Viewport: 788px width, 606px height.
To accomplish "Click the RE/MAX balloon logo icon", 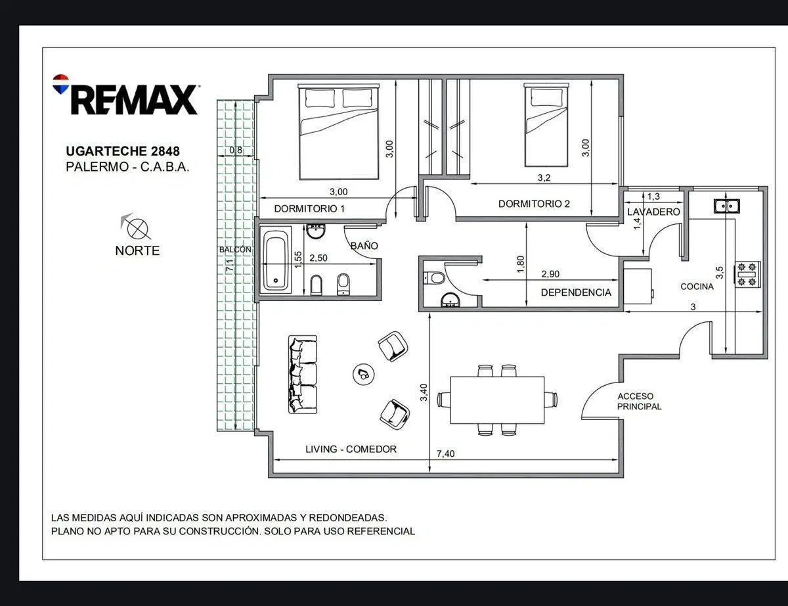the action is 60,84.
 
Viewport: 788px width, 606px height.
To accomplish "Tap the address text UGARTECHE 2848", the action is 123,151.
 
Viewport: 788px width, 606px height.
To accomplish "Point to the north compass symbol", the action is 137,227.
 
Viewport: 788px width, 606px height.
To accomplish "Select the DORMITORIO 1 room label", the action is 309,208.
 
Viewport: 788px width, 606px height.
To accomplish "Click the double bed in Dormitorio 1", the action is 339,131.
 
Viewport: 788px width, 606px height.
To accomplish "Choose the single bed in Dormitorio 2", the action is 546,125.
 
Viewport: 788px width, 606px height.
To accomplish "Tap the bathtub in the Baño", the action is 276,259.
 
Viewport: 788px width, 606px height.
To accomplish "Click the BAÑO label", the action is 364,246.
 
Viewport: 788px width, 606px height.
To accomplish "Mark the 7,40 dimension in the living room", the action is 445,454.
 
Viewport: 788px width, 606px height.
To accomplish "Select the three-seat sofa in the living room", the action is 303,375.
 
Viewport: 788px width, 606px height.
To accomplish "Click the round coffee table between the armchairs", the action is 363,375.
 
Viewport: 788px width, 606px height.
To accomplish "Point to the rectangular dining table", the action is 497,400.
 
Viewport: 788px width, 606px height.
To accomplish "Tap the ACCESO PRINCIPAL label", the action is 639,402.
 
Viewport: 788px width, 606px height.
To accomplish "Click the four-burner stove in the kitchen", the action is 747,274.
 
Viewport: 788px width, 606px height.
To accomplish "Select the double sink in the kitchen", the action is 727,206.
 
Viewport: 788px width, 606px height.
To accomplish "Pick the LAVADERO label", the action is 653,212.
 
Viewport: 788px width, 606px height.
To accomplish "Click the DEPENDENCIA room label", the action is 576,292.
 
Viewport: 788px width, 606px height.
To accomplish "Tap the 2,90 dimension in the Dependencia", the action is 550,274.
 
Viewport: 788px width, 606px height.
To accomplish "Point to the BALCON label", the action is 235,250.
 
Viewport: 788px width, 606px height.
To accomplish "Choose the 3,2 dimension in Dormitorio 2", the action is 544,178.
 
